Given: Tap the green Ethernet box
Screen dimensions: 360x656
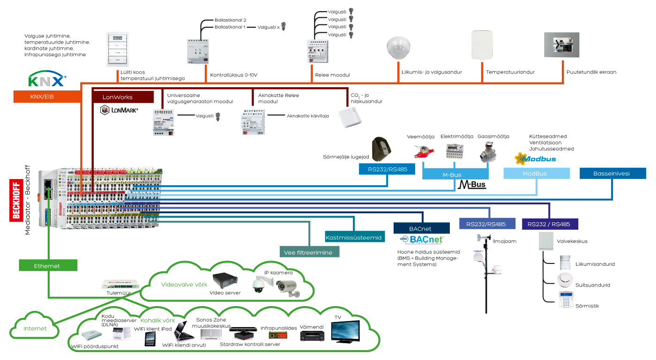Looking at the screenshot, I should [x=47, y=265].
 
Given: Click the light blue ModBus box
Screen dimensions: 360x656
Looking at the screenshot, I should [x=537, y=173].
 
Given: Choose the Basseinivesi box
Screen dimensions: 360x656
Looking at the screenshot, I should [x=612, y=173].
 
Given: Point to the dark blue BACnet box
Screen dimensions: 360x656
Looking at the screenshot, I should [x=422, y=228].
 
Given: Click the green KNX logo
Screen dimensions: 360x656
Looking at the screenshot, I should [x=46, y=80].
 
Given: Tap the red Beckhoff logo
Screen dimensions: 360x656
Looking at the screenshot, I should [x=15, y=199].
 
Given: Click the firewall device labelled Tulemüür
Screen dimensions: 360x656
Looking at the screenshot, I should [x=120, y=284].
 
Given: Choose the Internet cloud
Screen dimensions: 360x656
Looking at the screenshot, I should [x=36, y=328].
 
